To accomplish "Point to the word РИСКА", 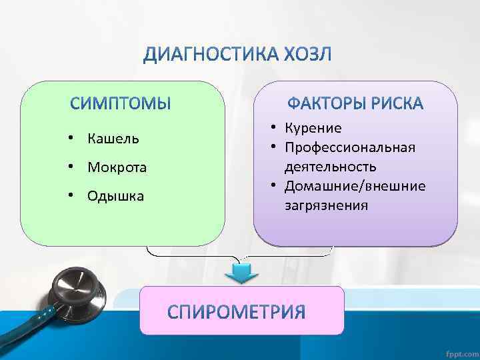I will click(399, 104).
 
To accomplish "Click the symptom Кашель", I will click(113, 139).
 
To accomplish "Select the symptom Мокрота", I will click(117, 167).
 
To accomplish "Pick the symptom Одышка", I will click(115, 196).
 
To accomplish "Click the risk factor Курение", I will click(313, 128).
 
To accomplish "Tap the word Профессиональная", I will click(350, 147).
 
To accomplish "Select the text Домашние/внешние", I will click(355, 185).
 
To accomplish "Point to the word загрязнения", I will click(326, 205).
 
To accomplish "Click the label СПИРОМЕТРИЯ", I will click(237, 311).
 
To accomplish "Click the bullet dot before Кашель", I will click(71, 139).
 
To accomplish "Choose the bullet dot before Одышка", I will click(71, 196).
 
